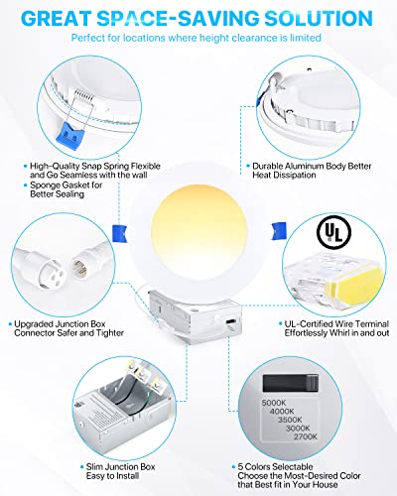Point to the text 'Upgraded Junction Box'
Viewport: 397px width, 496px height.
pyautogui.click(x=67, y=322)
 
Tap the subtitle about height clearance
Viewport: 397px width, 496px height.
pyautogui.click(x=198, y=37)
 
